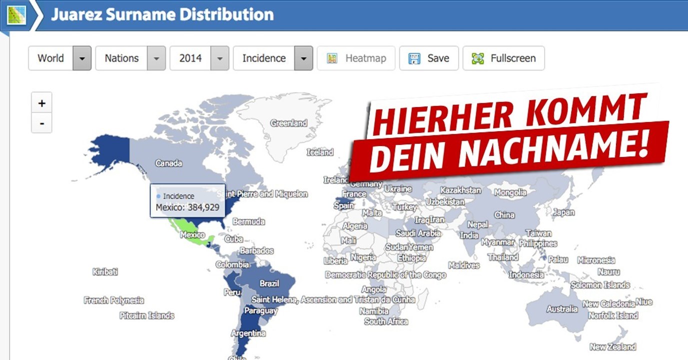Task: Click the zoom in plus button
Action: pos(41,103)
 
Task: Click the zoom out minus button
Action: pos(41,123)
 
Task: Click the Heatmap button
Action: pos(356,58)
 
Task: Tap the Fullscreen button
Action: pos(504,58)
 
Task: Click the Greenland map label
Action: pos(288,123)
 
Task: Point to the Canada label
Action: pos(168,163)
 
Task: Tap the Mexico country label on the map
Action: pos(192,234)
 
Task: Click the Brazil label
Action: pos(269,283)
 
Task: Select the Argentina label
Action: pos(248,333)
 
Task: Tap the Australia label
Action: pos(562,309)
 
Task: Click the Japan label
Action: pos(564,212)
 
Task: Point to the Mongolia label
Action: pos(510,192)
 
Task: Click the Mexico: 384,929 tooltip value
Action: pos(187,207)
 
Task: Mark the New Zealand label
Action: pos(613,346)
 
